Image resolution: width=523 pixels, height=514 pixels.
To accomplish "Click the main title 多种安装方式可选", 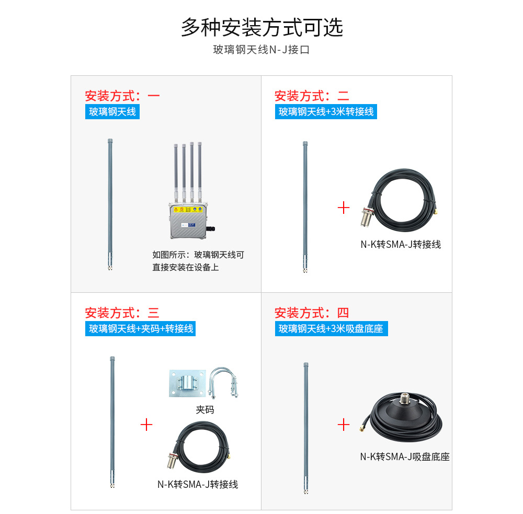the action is pyautogui.click(x=262, y=27).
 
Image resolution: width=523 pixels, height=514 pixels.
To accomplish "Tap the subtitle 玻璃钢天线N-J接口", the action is pyautogui.click(x=261, y=50).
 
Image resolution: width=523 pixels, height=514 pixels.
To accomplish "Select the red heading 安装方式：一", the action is pyautogui.click(x=122, y=96).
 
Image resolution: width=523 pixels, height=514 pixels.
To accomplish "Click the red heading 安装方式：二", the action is pyautogui.click(x=312, y=96).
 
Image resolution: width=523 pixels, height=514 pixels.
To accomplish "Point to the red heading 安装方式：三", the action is pyautogui.click(x=122, y=313).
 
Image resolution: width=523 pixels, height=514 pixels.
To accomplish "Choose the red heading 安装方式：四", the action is pyautogui.click(x=312, y=313).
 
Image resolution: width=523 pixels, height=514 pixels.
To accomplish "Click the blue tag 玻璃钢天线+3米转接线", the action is pyautogui.click(x=326, y=112).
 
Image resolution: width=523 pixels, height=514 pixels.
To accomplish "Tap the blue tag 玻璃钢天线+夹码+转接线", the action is pyautogui.click(x=140, y=328).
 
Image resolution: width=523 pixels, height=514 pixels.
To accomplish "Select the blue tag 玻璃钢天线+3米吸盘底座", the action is pyautogui.click(x=331, y=328).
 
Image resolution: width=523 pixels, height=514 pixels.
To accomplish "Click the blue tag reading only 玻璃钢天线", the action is pyautogui.click(x=112, y=112).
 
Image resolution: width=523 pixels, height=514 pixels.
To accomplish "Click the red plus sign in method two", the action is pyautogui.click(x=344, y=208).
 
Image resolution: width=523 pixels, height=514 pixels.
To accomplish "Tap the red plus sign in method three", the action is pyautogui.click(x=146, y=425).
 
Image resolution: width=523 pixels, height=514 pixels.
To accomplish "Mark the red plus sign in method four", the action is pyautogui.click(x=344, y=425).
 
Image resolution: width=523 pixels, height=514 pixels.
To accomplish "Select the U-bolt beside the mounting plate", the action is pyautogui.click(x=223, y=383).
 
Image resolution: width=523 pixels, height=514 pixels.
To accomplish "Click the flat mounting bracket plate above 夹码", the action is pyautogui.click(x=187, y=383).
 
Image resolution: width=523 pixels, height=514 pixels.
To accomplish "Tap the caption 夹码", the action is pyautogui.click(x=205, y=409).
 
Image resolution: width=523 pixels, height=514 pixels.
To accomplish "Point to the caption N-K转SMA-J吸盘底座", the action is pyautogui.click(x=405, y=456).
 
